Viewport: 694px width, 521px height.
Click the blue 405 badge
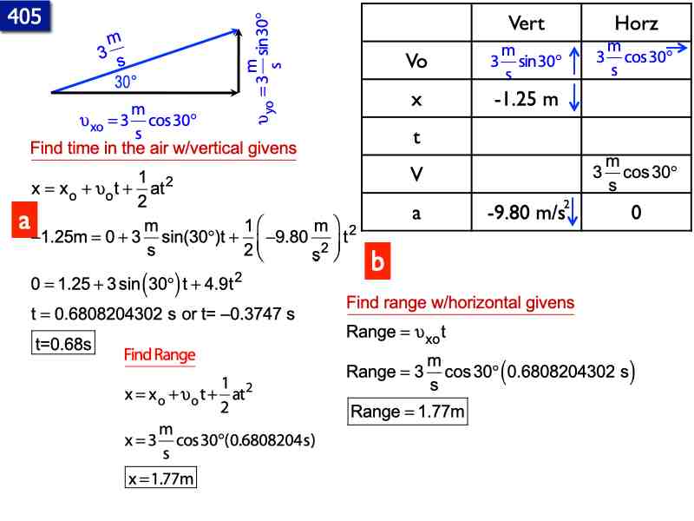[24, 16]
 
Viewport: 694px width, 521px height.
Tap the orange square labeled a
[25, 221]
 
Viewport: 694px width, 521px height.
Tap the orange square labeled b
[377, 260]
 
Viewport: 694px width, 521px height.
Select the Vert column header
[526, 23]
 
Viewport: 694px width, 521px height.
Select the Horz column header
[636, 23]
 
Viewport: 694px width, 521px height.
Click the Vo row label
[416, 61]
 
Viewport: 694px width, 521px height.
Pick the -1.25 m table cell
[525, 99]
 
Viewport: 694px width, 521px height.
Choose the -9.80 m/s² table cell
[525, 211]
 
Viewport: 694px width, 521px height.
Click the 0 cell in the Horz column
[636, 211]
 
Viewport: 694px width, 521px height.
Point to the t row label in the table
[416, 137]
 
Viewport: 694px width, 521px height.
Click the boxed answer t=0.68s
[62, 344]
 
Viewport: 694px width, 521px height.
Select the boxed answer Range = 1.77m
[408, 412]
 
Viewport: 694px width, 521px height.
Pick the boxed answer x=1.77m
[161, 478]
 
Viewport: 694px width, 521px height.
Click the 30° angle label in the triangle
[127, 82]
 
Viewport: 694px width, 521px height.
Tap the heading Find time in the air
[163, 148]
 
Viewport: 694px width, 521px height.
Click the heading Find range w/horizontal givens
[460, 303]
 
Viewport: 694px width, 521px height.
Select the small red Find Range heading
[160, 354]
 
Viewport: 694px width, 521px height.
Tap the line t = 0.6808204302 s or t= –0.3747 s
[163, 313]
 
